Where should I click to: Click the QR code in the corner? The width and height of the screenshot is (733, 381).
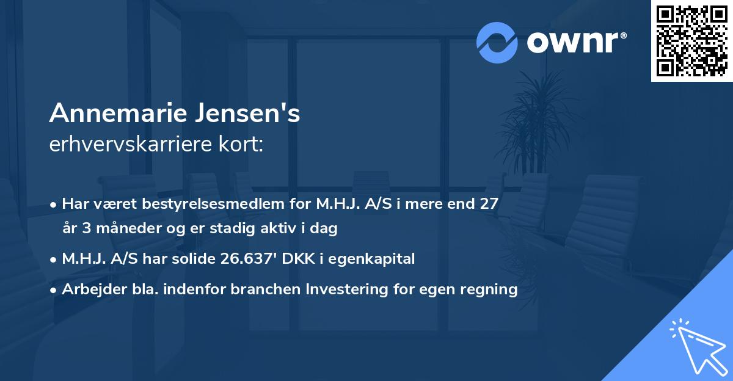tap(692, 41)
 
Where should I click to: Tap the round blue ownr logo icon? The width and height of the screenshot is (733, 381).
tap(497, 43)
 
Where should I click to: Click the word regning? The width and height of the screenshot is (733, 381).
tap(489, 289)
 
